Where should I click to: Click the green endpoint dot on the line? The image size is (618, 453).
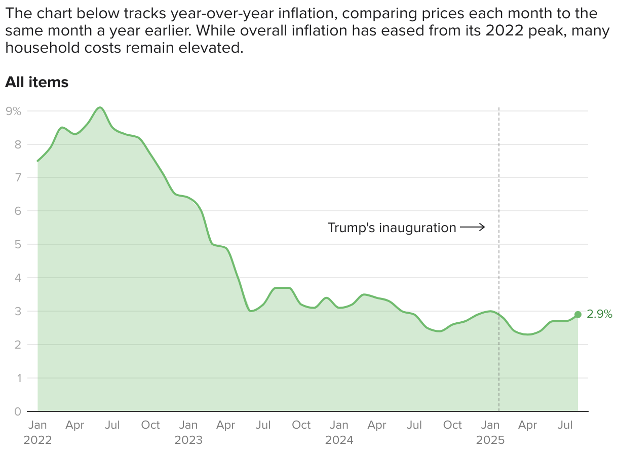[577, 314]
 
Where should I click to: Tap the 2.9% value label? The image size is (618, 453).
[599, 314]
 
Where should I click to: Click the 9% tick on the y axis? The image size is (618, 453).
[14, 111]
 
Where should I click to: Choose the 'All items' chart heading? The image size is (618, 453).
[36, 82]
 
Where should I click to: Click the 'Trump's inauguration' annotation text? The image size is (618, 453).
[392, 228]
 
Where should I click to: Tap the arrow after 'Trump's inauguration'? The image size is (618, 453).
[473, 228]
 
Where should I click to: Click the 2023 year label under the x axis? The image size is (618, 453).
[188, 440]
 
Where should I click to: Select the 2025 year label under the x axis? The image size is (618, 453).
[490, 440]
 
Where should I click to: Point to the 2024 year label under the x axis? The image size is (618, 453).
[339, 440]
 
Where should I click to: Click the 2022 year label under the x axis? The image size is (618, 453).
[37, 440]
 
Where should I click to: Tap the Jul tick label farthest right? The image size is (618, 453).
[566, 425]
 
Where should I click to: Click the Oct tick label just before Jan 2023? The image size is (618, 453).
[150, 425]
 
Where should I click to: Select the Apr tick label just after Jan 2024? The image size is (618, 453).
[377, 425]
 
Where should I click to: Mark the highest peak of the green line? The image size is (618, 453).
[100, 107]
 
